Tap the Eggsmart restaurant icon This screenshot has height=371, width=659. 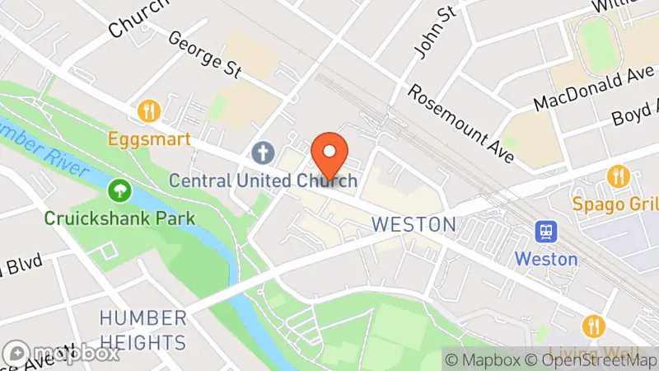(x=148, y=110)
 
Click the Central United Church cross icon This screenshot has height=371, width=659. (x=263, y=153)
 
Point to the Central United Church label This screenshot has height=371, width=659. (x=263, y=180)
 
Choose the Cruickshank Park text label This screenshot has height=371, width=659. (x=120, y=218)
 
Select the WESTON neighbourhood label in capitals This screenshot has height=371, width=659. (x=413, y=223)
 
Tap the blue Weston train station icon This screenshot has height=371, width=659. (x=545, y=232)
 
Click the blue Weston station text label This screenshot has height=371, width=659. (x=545, y=258)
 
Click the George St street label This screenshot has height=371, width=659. (x=203, y=55)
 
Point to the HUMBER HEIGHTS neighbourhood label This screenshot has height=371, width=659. (x=143, y=330)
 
